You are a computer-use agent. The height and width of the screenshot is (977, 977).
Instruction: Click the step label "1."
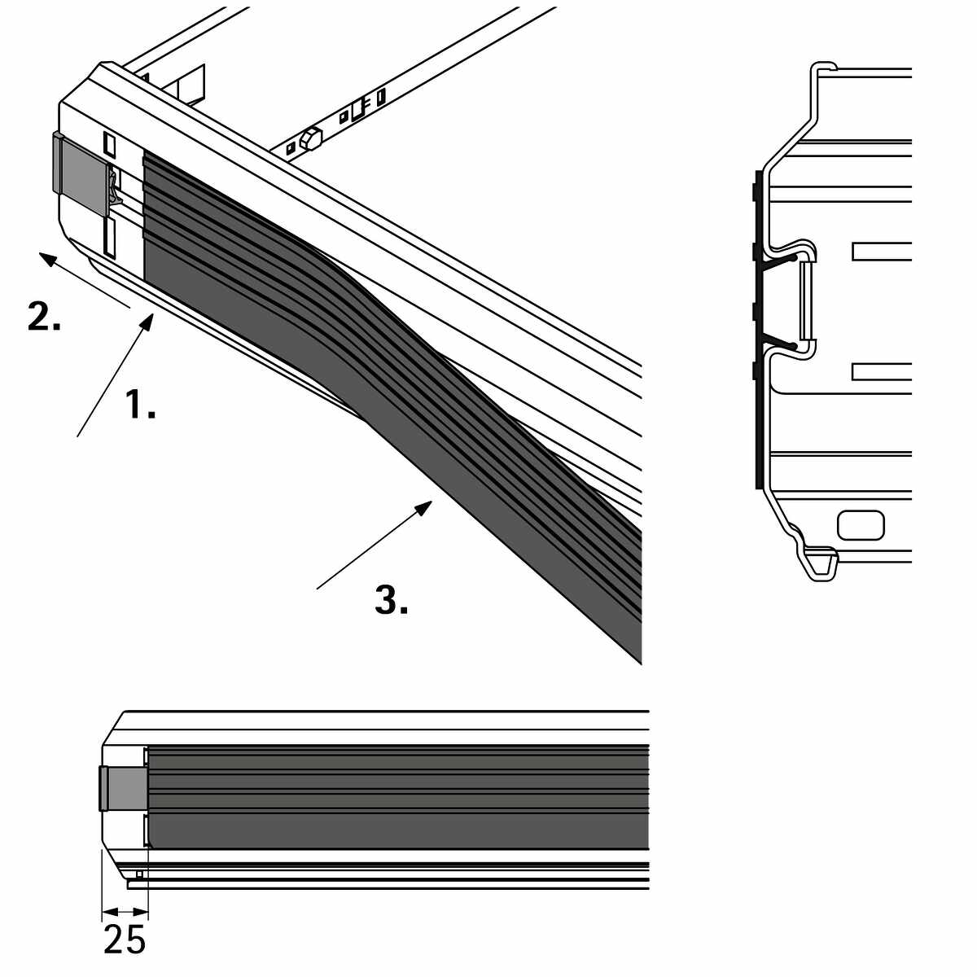point(140,404)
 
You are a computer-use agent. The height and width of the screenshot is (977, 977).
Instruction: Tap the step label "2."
point(44,316)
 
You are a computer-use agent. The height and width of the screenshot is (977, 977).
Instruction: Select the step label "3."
point(392,599)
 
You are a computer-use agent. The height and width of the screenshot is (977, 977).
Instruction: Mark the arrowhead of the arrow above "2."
point(46,259)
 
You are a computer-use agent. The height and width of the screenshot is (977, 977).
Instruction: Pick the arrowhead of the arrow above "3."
point(424,506)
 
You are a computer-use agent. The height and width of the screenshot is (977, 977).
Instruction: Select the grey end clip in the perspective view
point(81,173)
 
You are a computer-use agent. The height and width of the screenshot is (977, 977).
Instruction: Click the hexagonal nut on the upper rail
point(310,138)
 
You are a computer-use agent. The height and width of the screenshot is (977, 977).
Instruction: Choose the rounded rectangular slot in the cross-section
point(861,525)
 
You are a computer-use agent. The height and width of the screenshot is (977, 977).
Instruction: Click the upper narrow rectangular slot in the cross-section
point(882,252)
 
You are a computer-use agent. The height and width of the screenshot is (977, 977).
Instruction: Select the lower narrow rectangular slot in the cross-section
point(882,371)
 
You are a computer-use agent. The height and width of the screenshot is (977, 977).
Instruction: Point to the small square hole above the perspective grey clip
point(110,143)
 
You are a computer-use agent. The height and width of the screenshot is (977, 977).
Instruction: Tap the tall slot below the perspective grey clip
point(110,236)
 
